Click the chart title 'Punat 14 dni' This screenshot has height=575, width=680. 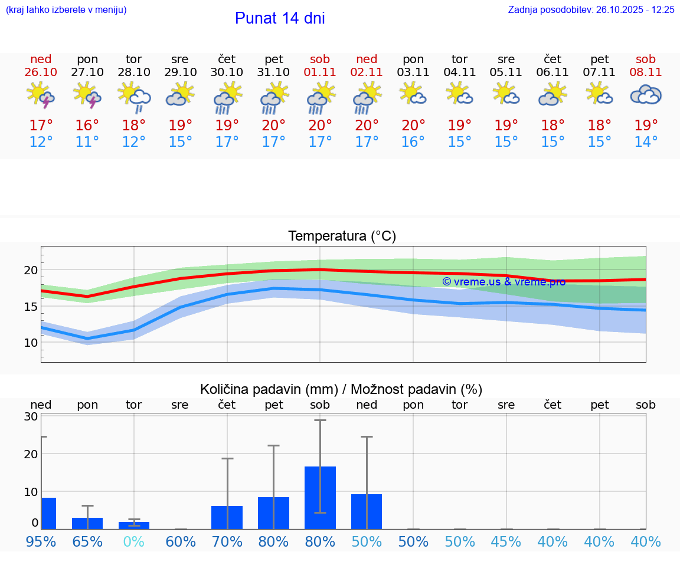tap(280, 18)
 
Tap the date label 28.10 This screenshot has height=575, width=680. tap(134, 72)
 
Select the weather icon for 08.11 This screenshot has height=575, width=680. tap(645, 95)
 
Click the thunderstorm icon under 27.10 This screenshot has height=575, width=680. tap(87, 95)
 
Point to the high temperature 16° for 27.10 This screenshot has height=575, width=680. tap(87, 126)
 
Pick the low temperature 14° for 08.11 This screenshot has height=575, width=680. tap(646, 142)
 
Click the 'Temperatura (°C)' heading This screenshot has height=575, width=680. tap(342, 236)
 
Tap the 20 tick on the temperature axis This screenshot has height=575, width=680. tap(31, 270)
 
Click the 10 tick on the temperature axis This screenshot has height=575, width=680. tap(31, 343)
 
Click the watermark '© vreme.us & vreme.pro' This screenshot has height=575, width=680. tap(504, 282)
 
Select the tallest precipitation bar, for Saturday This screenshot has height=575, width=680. tap(320, 497)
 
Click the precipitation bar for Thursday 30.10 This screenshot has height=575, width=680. tap(227, 517)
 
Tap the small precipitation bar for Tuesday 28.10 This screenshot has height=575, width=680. tap(134, 525)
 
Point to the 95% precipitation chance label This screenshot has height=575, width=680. tap(41, 541)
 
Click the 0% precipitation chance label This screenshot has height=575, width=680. tap(134, 541)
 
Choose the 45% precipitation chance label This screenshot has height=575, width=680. tap(506, 541)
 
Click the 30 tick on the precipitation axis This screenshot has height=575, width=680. tap(31, 416)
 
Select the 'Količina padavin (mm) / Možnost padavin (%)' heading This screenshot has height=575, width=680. tap(341, 389)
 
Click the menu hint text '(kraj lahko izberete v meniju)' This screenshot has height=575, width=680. tap(66, 10)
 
